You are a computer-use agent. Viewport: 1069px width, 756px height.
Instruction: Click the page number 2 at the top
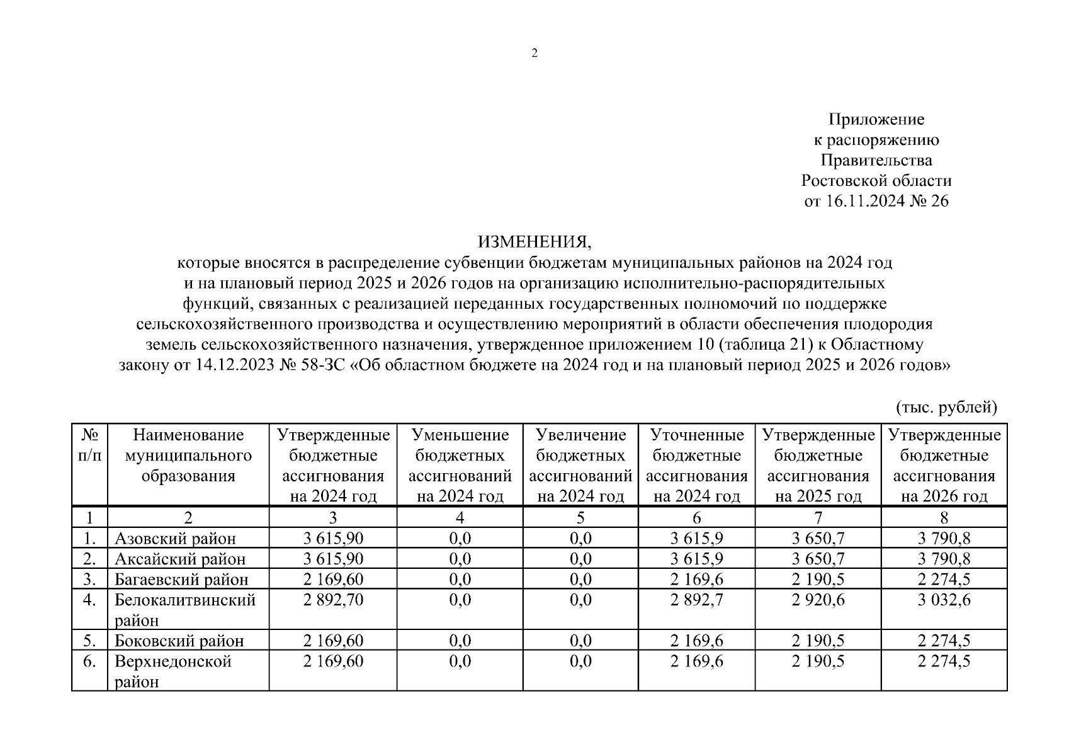click(534, 54)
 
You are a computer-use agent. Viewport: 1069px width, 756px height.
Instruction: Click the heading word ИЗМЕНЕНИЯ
click(534, 242)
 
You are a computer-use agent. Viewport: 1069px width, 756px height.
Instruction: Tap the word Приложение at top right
click(876, 119)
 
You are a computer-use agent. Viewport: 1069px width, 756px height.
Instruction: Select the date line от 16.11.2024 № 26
click(876, 202)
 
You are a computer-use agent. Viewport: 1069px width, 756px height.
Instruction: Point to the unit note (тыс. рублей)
click(946, 407)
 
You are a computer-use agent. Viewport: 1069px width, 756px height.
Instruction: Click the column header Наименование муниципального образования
click(188, 455)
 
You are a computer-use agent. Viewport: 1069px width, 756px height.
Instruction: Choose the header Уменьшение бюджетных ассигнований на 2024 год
click(460, 465)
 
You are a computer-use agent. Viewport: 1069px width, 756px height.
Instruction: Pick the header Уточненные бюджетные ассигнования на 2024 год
click(696, 465)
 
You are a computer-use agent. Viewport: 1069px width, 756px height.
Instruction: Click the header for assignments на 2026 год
click(944, 465)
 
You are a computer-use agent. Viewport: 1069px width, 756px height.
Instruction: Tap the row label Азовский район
click(175, 539)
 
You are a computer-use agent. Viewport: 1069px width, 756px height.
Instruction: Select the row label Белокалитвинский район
click(184, 609)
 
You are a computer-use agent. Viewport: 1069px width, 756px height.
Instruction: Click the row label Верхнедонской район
click(173, 671)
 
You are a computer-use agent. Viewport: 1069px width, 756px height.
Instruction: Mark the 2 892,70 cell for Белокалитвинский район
click(333, 600)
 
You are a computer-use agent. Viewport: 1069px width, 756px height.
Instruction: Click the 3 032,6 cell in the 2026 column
click(944, 600)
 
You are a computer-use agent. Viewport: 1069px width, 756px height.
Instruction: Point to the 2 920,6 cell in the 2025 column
click(818, 600)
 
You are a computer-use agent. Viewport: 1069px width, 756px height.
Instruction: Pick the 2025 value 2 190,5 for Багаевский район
click(818, 580)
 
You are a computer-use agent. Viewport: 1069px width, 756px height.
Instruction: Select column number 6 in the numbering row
click(696, 518)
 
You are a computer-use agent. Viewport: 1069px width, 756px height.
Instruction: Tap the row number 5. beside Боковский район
click(89, 641)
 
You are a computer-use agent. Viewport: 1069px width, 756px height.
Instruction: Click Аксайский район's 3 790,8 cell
click(944, 559)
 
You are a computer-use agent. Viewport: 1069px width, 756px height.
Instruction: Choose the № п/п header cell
click(89, 445)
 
